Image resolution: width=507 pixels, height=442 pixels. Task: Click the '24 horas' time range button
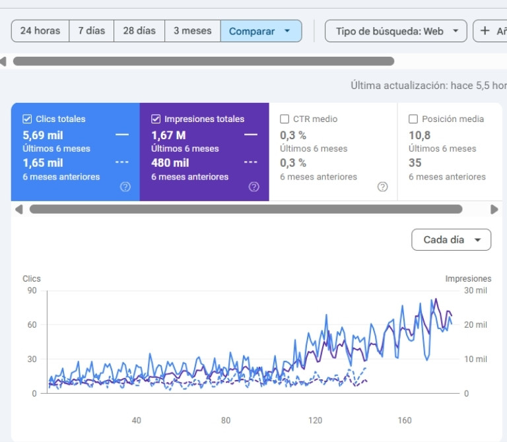(x=40, y=31)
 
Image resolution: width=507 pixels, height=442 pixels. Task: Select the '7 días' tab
(x=92, y=31)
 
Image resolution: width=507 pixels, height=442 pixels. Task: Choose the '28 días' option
(x=139, y=31)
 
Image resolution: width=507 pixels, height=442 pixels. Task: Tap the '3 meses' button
(x=193, y=31)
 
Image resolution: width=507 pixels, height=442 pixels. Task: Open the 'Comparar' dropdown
(x=261, y=31)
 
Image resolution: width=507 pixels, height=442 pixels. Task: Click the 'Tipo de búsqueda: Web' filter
(x=396, y=31)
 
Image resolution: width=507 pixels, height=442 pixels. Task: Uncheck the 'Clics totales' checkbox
(x=27, y=119)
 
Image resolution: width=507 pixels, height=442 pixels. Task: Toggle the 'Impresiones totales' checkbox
(x=156, y=119)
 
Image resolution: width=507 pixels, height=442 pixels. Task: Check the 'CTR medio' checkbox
(x=285, y=119)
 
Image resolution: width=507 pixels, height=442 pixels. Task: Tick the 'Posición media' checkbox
(x=413, y=119)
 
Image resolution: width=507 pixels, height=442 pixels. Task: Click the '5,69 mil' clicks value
(x=43, y=135)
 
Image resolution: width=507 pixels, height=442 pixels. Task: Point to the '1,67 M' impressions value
(x=168, y=135)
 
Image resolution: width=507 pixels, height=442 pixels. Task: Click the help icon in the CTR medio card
(x=382, y=187)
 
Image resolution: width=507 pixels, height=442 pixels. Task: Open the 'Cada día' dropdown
(x=451, y=239)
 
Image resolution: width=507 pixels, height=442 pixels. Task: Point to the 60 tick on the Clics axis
(x=32, y=325)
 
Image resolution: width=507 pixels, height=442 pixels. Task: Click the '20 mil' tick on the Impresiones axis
(x=475, y=325)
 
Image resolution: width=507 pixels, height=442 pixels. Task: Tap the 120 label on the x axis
(x=316, y=420)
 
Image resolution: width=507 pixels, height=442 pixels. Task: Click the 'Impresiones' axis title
(x=468, y=278)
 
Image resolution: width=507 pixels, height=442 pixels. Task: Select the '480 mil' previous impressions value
(x=170, y=163)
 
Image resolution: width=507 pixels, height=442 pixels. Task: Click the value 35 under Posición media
(x=415, y=163)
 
